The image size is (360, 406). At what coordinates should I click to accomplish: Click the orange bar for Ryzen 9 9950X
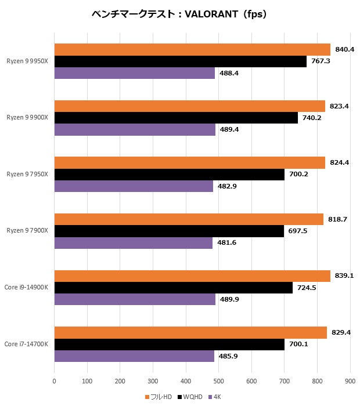click(192, 50)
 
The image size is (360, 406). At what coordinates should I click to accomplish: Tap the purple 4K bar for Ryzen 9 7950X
click(134, 186)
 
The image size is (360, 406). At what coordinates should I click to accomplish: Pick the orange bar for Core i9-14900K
click(192, 276)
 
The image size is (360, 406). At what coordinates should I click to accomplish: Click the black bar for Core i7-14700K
click(169, 345)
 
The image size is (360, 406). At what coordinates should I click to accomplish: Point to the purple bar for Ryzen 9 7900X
click(133, 242)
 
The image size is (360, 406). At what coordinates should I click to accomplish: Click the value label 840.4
click(345, 50)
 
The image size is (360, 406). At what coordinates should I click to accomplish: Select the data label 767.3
click(321, 61)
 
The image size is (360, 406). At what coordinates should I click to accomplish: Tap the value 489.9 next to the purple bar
click(230, 299)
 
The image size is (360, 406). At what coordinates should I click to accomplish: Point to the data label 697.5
click(298, 231)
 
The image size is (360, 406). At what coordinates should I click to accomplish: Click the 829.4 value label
click(341, 333)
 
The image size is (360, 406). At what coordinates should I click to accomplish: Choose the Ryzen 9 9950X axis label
click(27, 60)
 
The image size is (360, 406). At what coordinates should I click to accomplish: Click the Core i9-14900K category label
click(26, 288)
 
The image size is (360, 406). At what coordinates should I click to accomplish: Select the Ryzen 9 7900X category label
click(27, 231)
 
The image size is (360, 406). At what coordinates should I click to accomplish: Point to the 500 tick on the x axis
click(218, 381)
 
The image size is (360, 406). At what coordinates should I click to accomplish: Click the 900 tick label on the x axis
click(350, 381)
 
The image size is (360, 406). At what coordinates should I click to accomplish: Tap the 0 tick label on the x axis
click(54, 381)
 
